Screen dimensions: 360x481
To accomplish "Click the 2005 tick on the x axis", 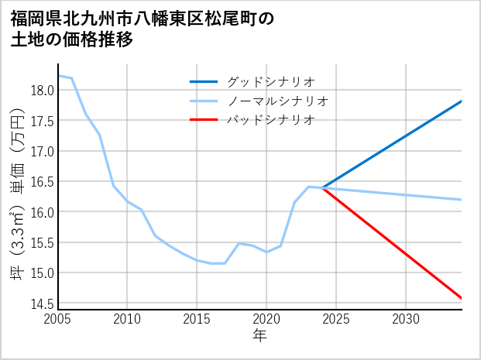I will point(58,319).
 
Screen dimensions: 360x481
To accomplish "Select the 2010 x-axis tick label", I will point(128,319).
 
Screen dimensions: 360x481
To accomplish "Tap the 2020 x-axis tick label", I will point(266,319).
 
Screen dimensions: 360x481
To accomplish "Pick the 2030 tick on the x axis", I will point(406,319).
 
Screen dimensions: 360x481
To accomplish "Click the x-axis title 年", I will point(259,336).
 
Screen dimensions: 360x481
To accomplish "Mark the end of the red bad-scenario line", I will point(461,298).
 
